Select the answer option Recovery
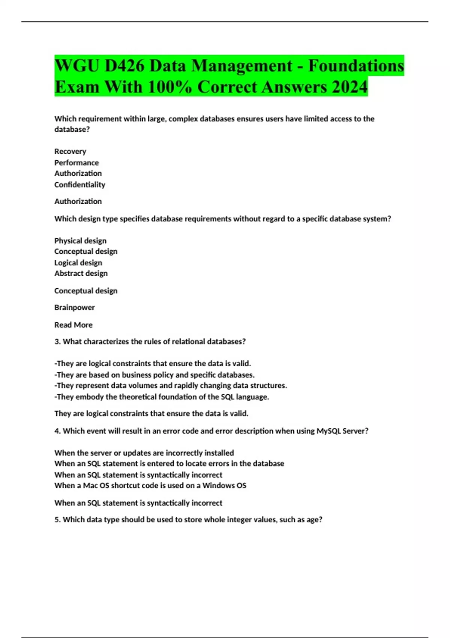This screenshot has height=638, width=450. (70, 151)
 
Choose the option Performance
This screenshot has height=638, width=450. (76, 163)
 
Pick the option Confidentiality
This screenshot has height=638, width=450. (79, 185)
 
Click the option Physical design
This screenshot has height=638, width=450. (80, 241)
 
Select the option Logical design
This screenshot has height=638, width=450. (78, 263)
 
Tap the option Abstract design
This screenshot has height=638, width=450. (81, 274)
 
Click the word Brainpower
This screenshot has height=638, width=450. (74, 307)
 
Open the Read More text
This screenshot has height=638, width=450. (73, 325)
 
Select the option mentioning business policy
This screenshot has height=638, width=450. (154, 375)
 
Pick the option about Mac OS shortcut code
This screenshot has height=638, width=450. (150, 486)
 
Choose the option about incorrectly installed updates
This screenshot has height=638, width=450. (144, 453)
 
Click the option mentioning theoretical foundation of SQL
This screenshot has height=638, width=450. (162, 397)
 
